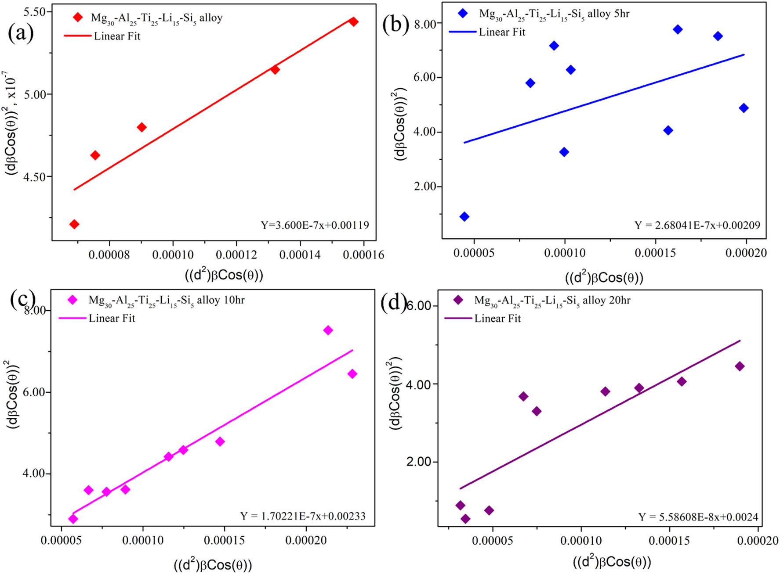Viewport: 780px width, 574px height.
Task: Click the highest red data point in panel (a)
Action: (353, 22)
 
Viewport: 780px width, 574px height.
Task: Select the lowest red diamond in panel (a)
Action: (74, 224)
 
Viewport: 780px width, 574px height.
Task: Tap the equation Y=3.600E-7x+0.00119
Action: (315, 225)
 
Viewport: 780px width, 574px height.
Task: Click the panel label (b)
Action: (396, 25)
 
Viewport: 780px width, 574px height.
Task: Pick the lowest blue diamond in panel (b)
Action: (464, 216)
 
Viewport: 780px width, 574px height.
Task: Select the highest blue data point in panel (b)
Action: (678, 29)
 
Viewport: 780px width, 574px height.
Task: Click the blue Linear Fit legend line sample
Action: (462, 32)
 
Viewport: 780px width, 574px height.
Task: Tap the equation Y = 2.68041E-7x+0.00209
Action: (697, 226)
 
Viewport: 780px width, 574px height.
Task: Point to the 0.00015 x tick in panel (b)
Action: (655, 253)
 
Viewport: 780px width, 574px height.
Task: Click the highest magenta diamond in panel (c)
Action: (328, 330)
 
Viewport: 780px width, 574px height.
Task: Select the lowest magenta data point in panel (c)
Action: (73, 519)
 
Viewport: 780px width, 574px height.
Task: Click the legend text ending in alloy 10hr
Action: (167, 301)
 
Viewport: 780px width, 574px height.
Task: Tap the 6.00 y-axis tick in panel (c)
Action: (34, 392)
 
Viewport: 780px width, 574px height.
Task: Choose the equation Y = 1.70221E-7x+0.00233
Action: (303, 516)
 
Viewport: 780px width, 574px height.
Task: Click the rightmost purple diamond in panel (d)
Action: (740, 366)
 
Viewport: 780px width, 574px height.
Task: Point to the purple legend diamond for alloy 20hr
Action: (458, 300)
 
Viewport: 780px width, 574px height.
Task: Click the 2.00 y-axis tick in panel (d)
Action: (419, 462)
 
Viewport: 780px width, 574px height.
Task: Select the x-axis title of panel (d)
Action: (612, 562)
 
